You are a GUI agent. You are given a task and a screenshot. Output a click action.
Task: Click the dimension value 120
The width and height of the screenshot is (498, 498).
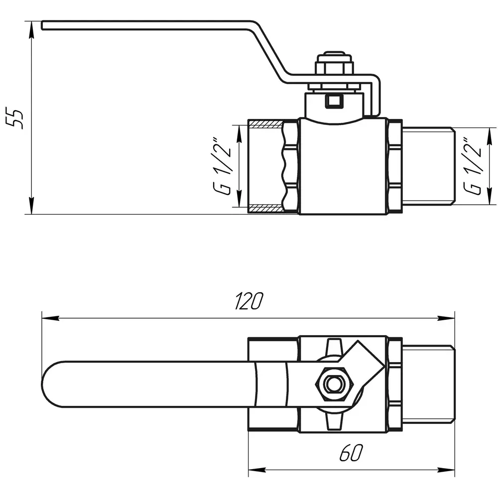(249, 301)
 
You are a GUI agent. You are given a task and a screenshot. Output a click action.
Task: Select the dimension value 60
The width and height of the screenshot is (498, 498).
(351, 453)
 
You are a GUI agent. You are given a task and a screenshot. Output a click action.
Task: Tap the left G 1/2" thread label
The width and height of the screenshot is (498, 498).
(222, 166)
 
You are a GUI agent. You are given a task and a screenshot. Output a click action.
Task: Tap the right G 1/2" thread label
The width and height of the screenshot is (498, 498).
(472, 166)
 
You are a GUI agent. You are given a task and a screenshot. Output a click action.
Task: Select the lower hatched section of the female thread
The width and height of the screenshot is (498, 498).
(265, 208)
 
